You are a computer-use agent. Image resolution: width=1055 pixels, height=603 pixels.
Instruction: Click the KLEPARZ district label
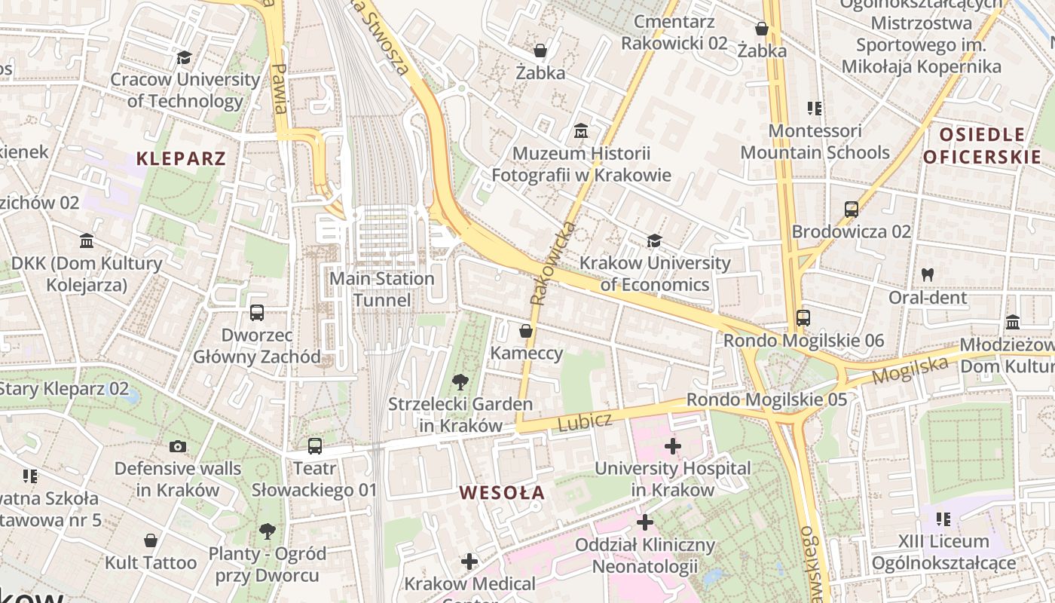[181, 158]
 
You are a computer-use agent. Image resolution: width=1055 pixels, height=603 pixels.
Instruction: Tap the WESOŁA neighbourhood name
[502, 493]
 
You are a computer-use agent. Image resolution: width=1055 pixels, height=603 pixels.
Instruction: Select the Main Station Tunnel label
[382, 289]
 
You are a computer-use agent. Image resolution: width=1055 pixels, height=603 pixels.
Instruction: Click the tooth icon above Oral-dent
[927, 275]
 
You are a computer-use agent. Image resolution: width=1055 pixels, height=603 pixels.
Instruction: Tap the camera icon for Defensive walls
[178, 446]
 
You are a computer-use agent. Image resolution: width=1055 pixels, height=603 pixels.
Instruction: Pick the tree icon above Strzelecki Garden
[460, 382]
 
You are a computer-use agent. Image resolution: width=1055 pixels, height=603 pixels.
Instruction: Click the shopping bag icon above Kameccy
[526, 331]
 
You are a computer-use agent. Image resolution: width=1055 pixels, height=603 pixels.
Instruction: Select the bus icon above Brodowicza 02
[852, 210]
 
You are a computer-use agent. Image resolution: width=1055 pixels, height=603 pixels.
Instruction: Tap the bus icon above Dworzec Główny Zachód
[257, 313]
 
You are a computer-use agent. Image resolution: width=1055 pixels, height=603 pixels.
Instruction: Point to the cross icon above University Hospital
[673, 446]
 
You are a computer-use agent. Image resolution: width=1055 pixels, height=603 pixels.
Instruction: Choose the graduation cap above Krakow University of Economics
[654, 241]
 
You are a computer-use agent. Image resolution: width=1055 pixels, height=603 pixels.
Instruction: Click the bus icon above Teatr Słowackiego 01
[315, 446]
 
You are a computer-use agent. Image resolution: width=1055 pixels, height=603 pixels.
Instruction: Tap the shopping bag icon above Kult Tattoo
[151, 540]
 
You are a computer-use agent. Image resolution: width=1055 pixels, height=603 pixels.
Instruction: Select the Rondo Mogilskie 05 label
[766, 399]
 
